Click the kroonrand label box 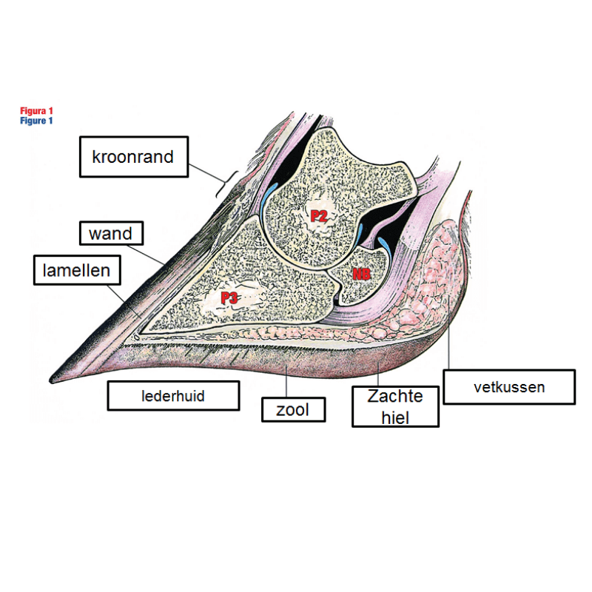click(134, 157)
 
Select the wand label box click(110, 234)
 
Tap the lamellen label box click(76, 270)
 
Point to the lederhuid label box click(173, 396)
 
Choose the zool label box click(294, 409)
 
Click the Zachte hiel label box click(395, 406)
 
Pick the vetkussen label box click(509, 386)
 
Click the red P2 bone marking click(319, 216)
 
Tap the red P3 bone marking click(229, 298)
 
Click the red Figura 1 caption click(36, 111)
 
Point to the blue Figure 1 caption click(36, 121)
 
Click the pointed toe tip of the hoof click(53, 377)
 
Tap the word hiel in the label click(395, 416)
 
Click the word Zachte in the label click(395, 397)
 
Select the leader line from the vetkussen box click(449, 348)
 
